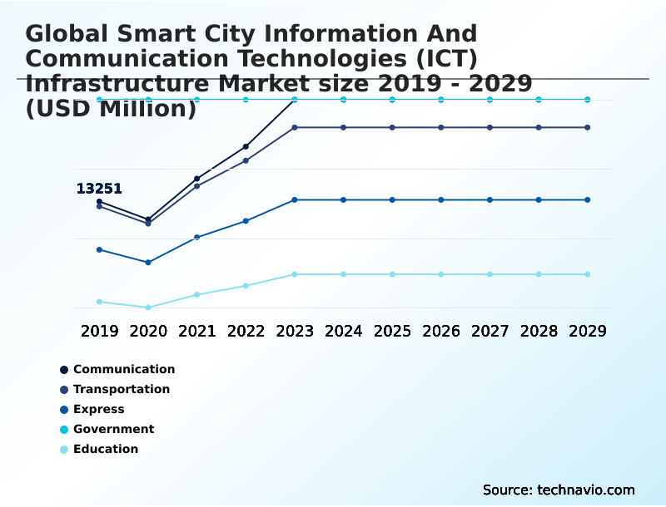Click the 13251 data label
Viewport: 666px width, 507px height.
(x=99, y=189)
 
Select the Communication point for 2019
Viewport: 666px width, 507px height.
(x=99, y=202)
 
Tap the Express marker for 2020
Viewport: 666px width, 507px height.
(x=148, y=263)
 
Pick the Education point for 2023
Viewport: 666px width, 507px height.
(x=295, y=274)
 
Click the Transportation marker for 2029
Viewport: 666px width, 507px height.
(x=588, y=127)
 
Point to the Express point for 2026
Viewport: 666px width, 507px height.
(x=441, y=199)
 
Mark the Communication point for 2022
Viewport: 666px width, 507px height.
(x=246, y=146)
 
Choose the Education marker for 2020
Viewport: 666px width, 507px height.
(x=148, y=308)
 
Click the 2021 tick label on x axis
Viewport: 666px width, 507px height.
(x=197, y=331)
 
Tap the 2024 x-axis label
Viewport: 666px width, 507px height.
(x=344, y=331)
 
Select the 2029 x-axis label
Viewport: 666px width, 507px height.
(x=588, y=331)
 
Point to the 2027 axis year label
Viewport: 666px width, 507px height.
(x=490, y=331)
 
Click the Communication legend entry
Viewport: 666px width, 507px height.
(x=124, y=369)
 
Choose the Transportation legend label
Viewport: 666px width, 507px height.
(x=122, y=389)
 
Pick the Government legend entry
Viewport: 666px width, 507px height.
(x=113, y=429)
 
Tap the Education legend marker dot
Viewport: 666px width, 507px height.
(x=64, y=450)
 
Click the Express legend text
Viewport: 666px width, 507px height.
(x=98, y=409)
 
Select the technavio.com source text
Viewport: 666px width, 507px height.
(x=559, y=490)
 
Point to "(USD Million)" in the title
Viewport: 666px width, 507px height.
(x=111, y=109)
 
